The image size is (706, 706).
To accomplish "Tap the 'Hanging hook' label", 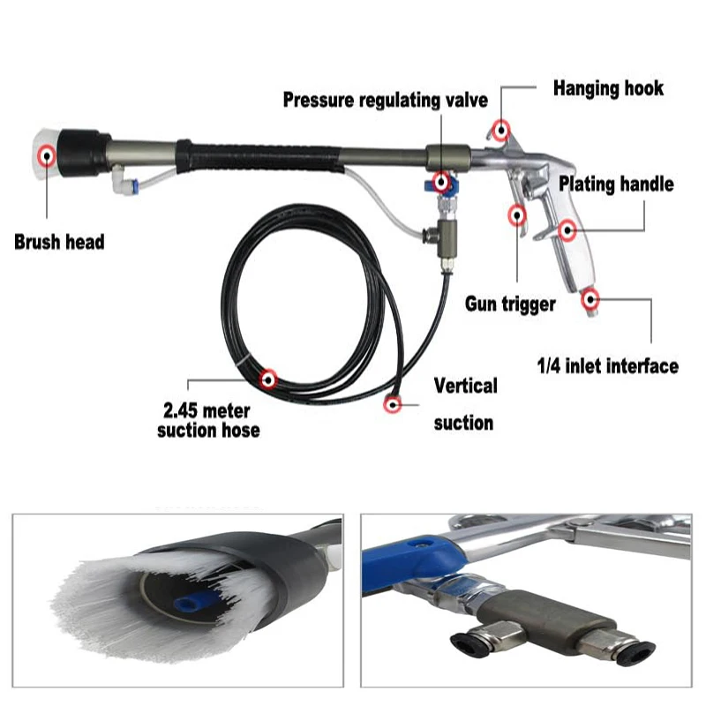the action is (x=608, y=88).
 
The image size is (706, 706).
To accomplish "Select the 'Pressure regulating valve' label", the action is (x=385, y=100).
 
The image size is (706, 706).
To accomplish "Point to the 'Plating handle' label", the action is (x=616, y=184).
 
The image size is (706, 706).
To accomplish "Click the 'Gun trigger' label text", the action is (x=511, y=304).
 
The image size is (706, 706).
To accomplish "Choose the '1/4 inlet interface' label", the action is (x=608, y=364).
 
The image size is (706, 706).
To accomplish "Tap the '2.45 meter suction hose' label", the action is (x=208, y=420).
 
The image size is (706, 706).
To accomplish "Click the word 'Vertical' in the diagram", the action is (x=466, y=386).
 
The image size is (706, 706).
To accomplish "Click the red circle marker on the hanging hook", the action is (x=501, y=130).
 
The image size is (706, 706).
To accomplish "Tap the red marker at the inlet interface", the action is (x=590, y=298).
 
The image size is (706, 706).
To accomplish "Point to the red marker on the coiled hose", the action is (x=269, y=379).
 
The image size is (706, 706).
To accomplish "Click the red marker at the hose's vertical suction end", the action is (x=391, y=404).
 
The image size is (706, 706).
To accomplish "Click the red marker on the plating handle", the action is (x=566, y=232).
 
